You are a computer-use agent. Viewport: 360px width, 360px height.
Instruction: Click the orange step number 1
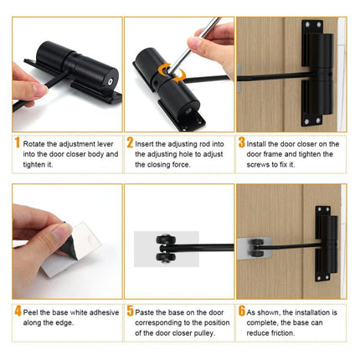16,143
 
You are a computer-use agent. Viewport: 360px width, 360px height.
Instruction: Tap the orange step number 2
129,143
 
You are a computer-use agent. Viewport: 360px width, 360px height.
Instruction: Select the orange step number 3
241,143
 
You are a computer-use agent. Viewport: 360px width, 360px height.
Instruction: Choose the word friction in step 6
294,332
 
